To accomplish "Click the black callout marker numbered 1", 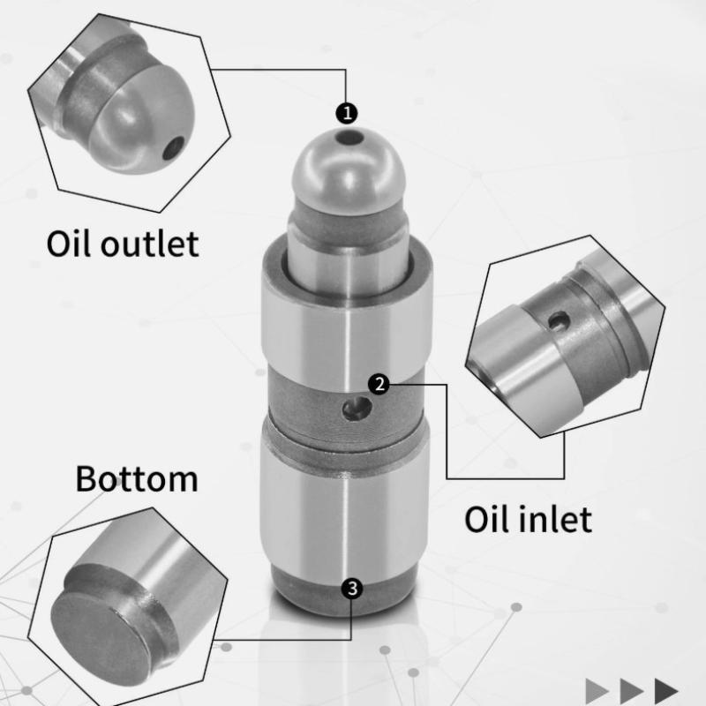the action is (347, 113).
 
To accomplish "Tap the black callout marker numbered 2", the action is (379, 385).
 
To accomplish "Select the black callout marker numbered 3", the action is (352, 589).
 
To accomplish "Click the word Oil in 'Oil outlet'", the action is (70, 244).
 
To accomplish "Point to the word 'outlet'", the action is (150, 244).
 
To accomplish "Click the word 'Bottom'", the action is (137, 478).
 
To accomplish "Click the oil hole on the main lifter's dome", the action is (351, 138).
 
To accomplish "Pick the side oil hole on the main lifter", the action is (357, 409).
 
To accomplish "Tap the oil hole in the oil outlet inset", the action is (173, 148).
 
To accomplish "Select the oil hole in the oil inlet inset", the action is (560, 321).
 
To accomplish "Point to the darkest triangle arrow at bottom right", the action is (666, 691).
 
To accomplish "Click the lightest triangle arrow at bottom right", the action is (597, 691).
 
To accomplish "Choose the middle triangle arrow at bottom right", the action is (632, 691).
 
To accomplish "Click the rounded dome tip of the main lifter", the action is (349, 171).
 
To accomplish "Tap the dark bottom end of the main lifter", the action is (344, 590).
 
